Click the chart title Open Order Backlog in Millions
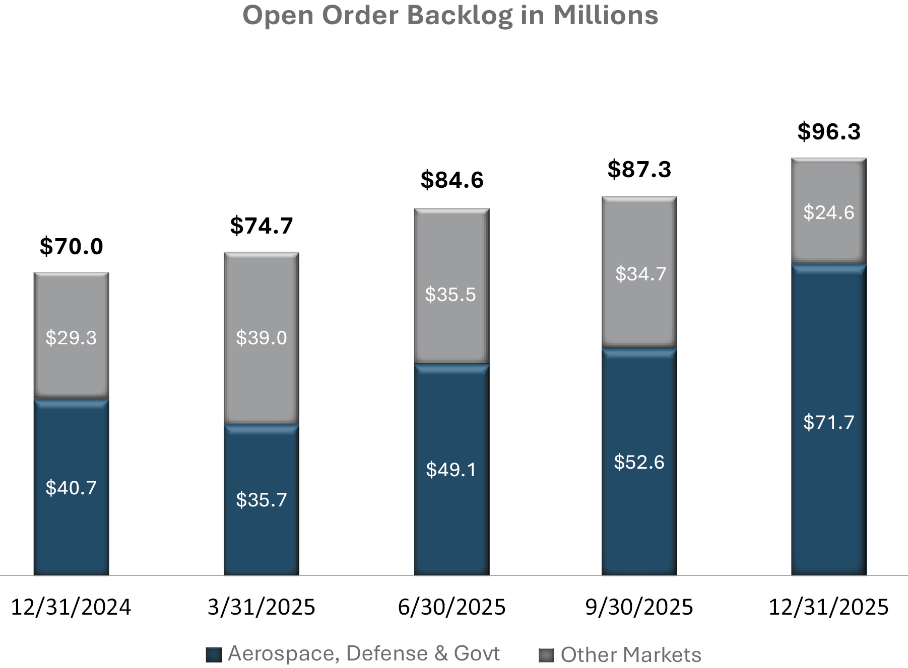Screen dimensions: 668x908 450,15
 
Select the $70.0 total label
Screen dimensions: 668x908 72,246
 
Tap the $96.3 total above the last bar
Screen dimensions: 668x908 829,131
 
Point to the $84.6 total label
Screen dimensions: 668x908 452,180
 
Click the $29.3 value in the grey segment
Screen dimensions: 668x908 71,337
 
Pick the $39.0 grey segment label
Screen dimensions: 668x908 262,337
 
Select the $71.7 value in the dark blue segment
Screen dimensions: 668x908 829,422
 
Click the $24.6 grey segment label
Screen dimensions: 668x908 829,212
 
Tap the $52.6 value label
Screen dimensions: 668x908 639,462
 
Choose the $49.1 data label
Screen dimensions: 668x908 451,469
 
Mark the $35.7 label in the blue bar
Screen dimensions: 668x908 262,499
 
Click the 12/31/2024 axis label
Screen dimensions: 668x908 71,607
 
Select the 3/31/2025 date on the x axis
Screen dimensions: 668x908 262,607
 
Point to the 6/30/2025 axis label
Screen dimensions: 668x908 452,607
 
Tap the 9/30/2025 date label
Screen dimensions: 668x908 639,607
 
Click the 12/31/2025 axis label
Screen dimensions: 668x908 829,607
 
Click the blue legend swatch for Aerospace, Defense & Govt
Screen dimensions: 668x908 214,655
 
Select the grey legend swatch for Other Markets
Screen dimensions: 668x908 546,655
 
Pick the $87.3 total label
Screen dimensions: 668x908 639,169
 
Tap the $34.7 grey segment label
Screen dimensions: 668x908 640,274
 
